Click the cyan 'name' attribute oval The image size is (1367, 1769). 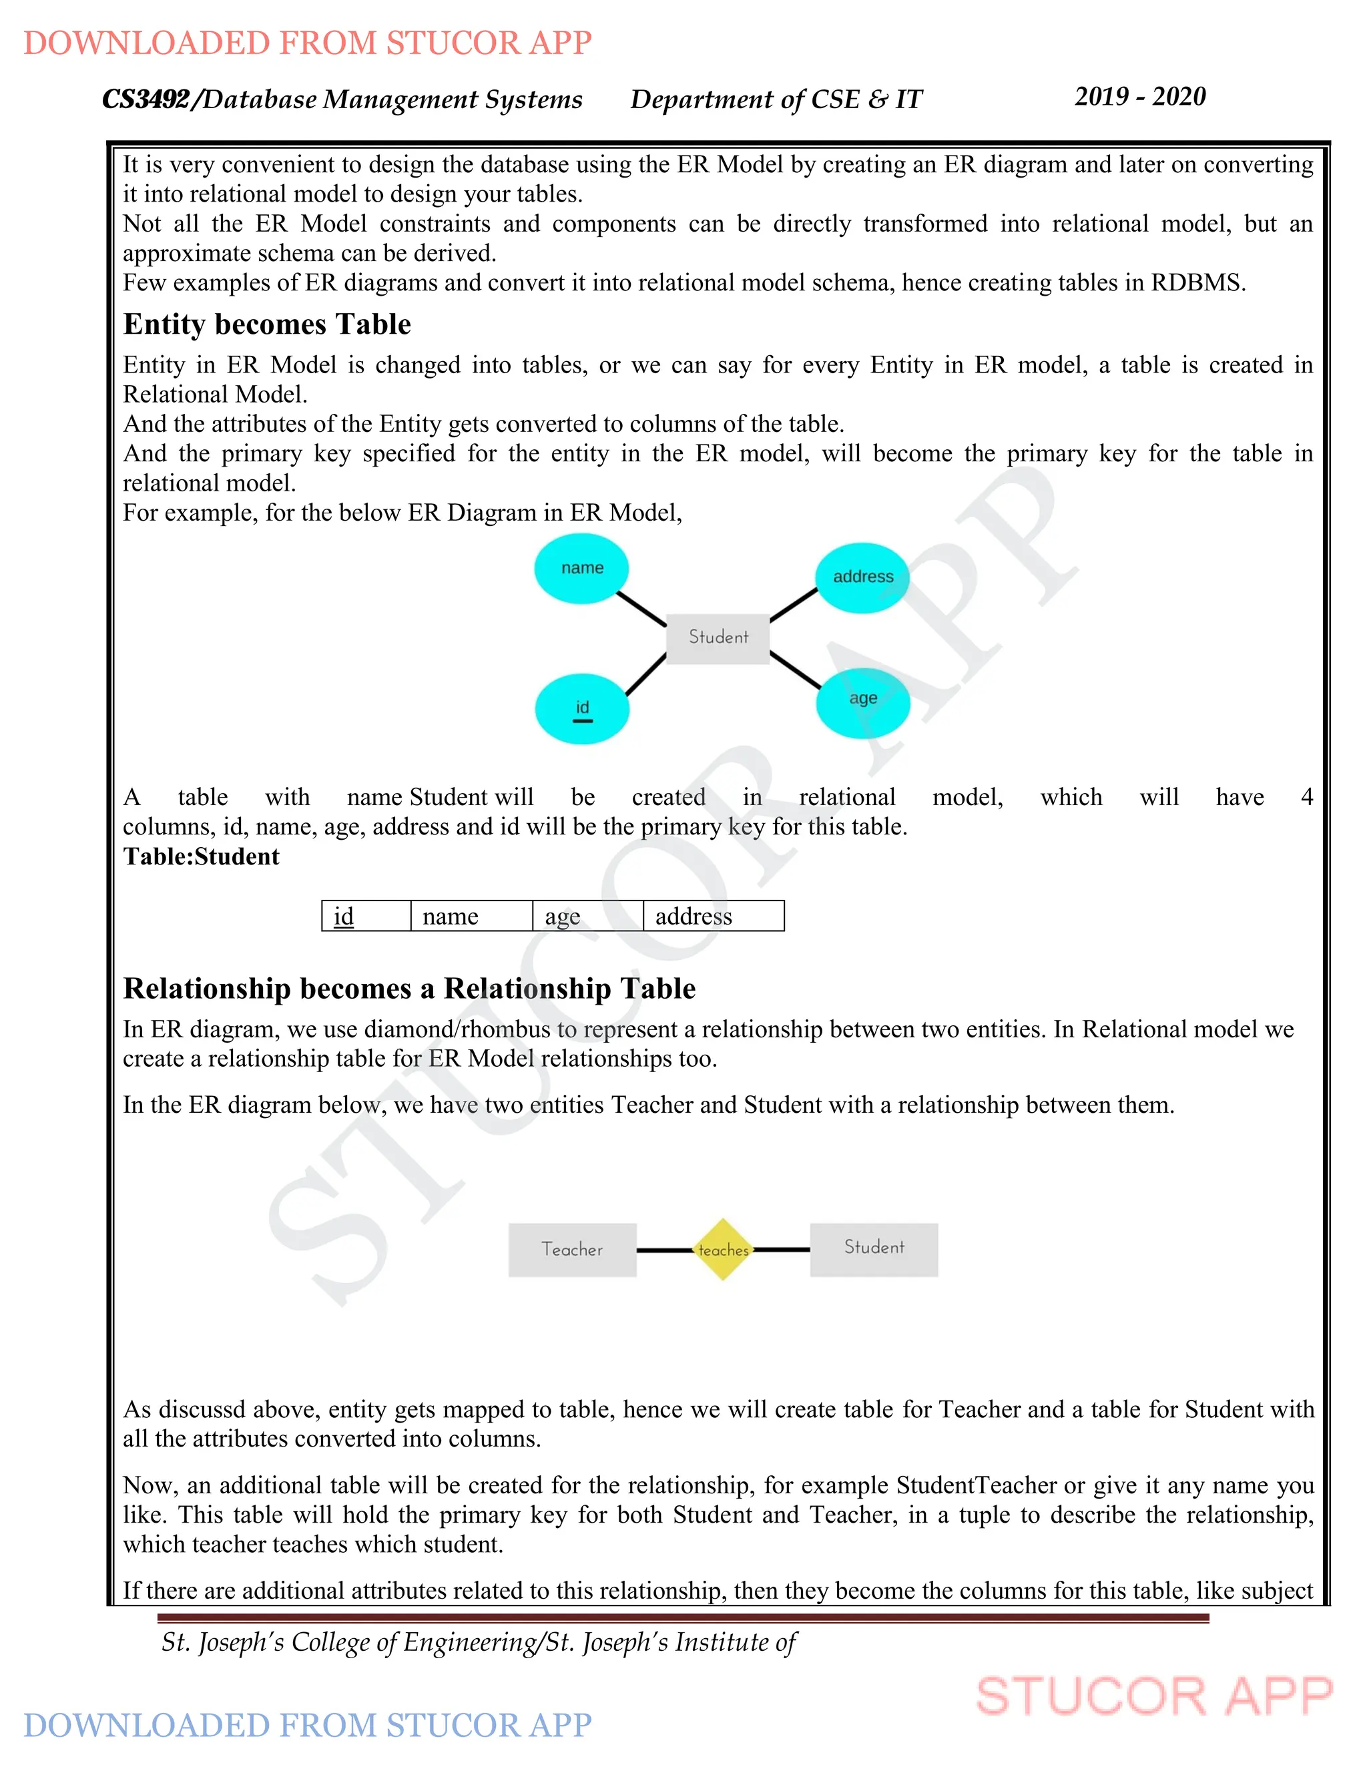[581, 569]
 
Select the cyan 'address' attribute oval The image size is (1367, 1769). [862, 577]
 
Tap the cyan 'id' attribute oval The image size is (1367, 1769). [581, 709]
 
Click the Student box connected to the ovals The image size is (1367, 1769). [718, 638]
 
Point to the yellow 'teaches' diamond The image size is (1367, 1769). [723, 1250]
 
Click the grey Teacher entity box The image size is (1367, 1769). [572, 1250]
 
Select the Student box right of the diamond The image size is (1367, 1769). [874, 1249]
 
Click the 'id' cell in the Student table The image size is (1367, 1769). [366, 916]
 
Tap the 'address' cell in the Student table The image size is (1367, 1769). [713, 916]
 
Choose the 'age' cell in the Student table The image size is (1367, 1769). [587, 916]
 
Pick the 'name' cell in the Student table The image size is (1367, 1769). [471, 916]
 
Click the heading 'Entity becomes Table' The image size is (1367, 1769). [267, 324]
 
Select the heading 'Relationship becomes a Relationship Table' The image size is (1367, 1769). [409, 989]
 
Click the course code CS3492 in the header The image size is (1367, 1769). [146, 99]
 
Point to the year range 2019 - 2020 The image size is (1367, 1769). [1139, 96]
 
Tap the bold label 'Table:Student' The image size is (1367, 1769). [201, 857]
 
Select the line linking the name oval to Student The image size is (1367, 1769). [641, 608]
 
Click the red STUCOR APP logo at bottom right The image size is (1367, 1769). [1153, 1696]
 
